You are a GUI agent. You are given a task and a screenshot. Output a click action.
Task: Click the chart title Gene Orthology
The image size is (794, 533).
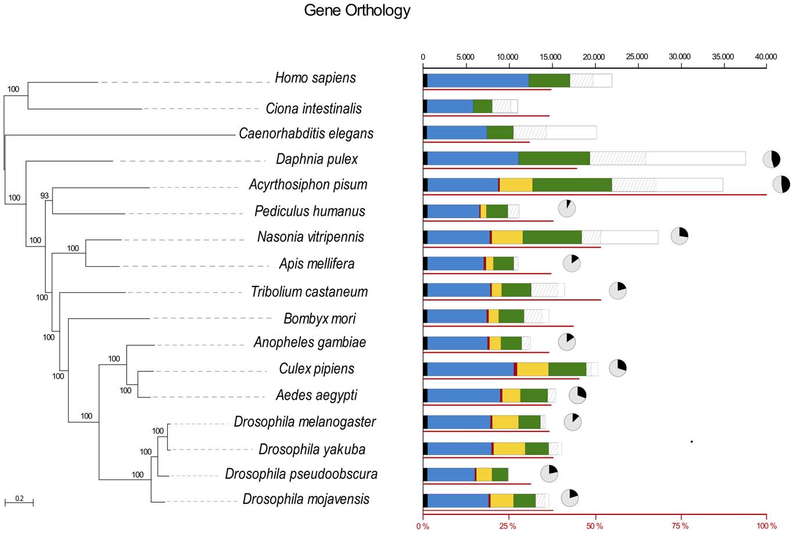(357, 10)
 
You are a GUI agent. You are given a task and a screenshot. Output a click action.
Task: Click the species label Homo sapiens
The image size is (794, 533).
(315, 78)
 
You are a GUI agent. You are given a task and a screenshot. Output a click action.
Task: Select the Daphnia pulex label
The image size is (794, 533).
(317, 159)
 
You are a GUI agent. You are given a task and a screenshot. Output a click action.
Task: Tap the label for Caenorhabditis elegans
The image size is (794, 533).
(306, 134)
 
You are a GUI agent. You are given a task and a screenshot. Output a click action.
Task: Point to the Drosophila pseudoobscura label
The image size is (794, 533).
(301, 474)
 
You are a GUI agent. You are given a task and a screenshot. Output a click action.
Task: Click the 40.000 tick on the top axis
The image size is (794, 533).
(765, 57)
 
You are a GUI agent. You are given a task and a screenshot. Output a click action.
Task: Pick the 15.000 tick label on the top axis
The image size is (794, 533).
(550, 57)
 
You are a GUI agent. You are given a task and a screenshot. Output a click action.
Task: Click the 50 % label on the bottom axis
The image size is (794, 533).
(595, 526)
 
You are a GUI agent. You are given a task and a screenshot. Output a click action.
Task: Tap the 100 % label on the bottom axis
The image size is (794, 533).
(766, 526)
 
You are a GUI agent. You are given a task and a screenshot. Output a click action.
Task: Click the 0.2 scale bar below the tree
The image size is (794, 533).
(19, 500)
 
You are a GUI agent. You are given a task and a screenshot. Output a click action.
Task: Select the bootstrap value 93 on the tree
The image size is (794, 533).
(45, 196)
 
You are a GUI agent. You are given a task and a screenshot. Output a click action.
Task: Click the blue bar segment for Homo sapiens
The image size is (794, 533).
(477, 81)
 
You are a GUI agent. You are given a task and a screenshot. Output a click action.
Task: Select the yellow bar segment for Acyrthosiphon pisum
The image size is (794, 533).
(516, 185)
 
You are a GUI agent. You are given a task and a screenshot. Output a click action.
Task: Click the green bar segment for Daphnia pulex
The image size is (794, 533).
(554, 158)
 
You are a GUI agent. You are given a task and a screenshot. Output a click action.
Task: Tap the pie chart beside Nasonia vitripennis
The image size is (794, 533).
(680, 236)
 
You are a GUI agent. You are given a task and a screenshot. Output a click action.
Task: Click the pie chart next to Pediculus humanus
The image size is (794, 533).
(567, 208)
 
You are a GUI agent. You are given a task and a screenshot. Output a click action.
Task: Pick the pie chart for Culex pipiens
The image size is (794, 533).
(617, 368)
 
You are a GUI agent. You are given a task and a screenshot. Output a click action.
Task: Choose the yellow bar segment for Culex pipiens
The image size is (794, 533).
(533, 369)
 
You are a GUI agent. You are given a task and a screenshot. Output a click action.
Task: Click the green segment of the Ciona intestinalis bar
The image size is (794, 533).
(483, 106)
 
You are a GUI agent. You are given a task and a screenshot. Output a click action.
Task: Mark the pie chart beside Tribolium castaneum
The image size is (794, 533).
(617, 290)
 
